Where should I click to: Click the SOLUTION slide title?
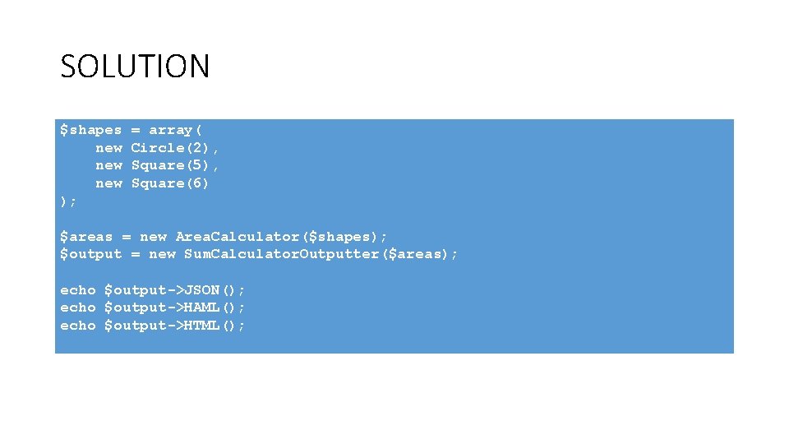[x=135, y=66]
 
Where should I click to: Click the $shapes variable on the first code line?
[x=90, y=130]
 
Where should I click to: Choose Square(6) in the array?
[x=170, y=183]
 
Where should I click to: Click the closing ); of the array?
[x=68, y=201]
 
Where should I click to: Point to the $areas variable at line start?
[x=86, y=237]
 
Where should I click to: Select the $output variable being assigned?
[x=90, y=254]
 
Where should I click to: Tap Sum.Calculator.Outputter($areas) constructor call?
[x=318, y=254]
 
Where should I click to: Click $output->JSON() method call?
[x=175, y=290]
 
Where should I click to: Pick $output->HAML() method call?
[x=175, y=308]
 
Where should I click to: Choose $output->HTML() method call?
[x=175, y=326]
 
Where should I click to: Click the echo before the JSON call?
[x=77, y=290]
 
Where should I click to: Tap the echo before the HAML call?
[x=77, y=308]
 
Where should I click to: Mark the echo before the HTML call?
[x=77, y=326]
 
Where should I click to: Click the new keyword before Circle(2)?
[x=108, y=148]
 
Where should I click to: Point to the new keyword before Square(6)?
[x=108, y=183]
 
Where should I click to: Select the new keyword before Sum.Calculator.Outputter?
[x=162, y=254]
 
